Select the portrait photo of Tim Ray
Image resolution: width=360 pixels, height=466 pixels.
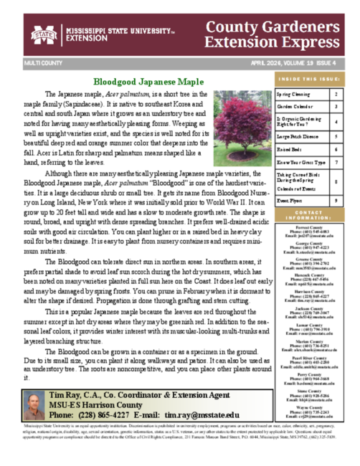coord(34,406)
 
